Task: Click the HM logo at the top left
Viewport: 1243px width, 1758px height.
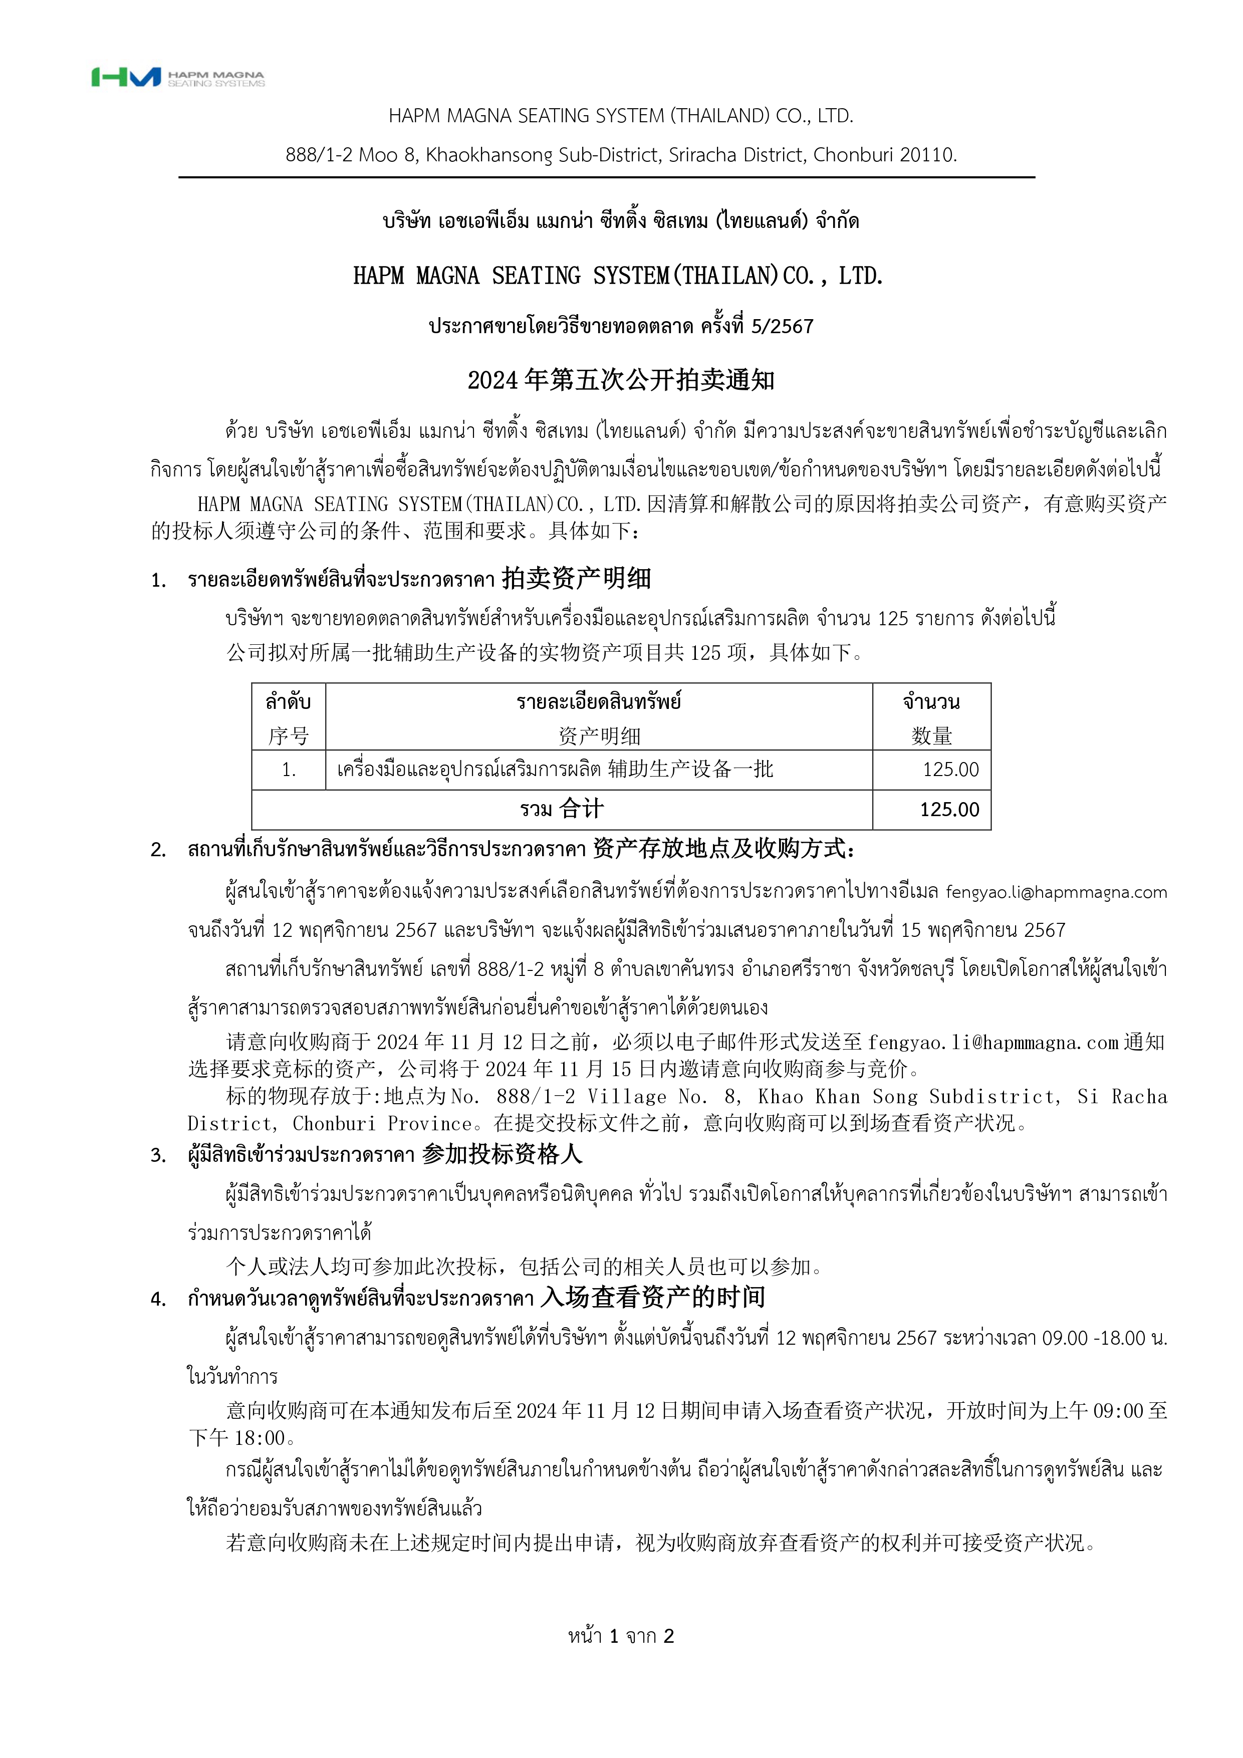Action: tap(126, 77)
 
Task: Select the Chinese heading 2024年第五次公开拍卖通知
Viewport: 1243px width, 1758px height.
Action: tap(621, 380)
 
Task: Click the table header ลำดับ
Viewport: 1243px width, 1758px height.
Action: tap(288, 701)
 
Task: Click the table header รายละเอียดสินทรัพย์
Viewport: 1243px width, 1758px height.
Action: tap(598, 701)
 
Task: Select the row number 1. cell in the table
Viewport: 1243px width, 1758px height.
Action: tap(288, 770)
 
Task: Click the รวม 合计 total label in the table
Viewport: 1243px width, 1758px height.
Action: tap(562, 809)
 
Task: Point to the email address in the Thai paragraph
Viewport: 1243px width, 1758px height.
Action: tap(1056, 892)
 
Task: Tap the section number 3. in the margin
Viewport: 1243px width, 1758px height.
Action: tap(158, 1155)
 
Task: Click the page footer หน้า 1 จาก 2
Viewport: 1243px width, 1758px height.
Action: tap(621, 1636)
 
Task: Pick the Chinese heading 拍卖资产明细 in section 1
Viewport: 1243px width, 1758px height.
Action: tap(576, 579)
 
